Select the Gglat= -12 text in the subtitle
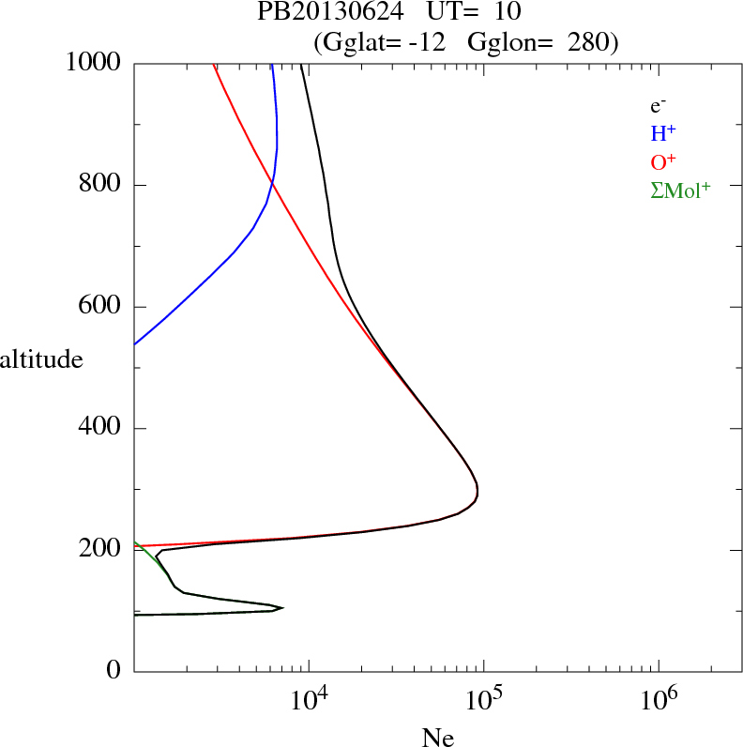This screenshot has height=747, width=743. (x=381, y=42)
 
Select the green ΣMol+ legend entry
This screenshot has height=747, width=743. (x=680, y=189)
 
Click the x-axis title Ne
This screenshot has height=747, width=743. (x=437, y=737)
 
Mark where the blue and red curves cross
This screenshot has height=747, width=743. (x=271, y=181)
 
